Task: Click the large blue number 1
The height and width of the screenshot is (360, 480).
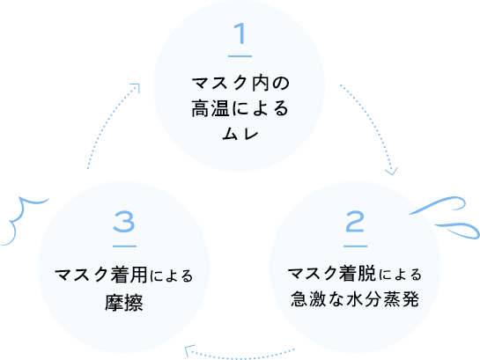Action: tap(240, 36)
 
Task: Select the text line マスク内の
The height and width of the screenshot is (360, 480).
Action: tap(240, 84)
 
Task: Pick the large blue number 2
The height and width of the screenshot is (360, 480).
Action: tap(354, 220)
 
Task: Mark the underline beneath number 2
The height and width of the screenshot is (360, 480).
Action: tap(354, 245)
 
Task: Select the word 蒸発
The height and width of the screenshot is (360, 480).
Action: tap(402, 299)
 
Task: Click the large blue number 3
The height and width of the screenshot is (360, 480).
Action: tap(124, 222)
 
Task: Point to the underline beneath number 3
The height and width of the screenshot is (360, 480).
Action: tap(124, 245)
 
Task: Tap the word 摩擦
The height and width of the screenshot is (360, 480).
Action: tap(123, 304)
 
